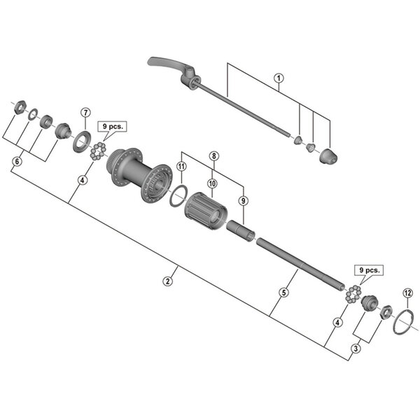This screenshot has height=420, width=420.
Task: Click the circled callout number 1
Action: click(279, 78)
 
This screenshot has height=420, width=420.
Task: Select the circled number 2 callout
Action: click(167, 281)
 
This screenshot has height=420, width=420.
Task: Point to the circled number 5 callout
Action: click(284, 295)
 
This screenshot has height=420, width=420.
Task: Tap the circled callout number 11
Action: click(181, 167)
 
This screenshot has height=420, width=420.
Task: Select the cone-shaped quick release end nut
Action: click(328, 157)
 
